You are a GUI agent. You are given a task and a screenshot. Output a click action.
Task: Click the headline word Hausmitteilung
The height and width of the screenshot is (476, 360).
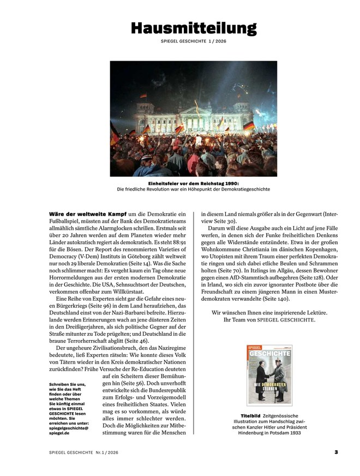[194, 28]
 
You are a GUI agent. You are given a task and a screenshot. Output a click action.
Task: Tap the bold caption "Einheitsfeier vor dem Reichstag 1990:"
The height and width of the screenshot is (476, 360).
[193, 184]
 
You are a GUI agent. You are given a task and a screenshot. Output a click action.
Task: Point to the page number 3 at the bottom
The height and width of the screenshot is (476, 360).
[337, 451]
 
